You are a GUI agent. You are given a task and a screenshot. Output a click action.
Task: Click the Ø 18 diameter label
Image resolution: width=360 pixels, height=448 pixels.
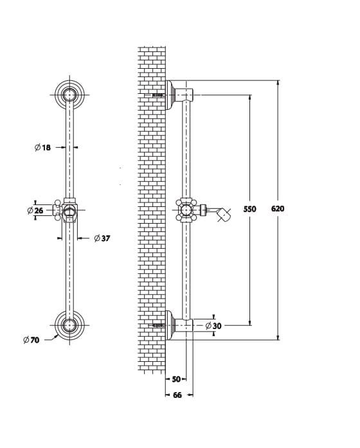42,147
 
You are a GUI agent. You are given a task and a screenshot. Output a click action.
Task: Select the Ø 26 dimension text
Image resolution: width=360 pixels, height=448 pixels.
35,211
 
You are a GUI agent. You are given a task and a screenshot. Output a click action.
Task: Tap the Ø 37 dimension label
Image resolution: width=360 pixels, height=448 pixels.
102,238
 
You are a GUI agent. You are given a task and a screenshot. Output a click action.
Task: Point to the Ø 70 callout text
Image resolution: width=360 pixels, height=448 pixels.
32,340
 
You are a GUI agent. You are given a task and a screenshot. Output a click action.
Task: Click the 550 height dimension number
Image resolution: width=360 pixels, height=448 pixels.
249,209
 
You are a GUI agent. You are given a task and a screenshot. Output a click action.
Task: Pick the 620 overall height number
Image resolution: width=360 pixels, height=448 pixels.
278,208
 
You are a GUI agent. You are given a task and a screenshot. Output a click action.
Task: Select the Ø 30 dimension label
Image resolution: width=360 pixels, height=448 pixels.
213,326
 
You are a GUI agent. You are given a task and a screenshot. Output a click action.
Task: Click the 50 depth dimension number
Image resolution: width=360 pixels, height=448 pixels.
176,379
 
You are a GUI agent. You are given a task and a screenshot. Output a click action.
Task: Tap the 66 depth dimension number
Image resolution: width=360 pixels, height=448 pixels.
177,395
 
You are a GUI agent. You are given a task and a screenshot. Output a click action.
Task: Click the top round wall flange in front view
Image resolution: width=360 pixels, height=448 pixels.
69,94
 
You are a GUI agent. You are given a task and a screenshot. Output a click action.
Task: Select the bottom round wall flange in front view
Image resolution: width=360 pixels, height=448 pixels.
69,325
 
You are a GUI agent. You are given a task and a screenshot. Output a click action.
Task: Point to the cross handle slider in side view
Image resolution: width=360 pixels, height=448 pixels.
186,210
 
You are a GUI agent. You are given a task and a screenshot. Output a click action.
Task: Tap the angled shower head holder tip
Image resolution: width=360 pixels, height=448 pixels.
224,215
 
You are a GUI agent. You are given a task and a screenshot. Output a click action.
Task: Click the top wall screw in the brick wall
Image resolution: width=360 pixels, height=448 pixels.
159,94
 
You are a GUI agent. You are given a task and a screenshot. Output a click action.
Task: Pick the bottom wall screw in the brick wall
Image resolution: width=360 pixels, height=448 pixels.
159,325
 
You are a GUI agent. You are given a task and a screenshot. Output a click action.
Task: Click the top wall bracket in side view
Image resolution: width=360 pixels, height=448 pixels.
179,94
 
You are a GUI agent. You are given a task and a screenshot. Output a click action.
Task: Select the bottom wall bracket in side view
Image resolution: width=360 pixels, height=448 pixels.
179,325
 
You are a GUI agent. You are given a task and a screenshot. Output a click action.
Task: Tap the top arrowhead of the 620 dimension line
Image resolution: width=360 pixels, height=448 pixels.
278,83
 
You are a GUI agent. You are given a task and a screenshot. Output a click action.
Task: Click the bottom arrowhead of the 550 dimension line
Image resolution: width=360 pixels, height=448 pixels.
250,323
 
